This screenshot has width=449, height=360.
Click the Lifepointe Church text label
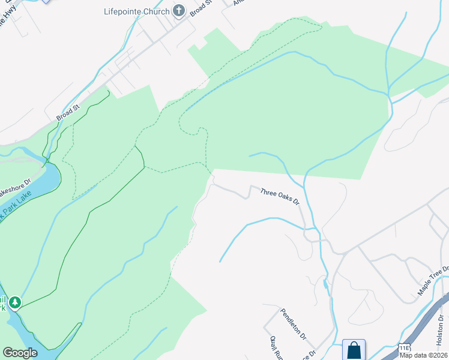click(136, 10)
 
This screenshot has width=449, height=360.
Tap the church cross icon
click(179, 10)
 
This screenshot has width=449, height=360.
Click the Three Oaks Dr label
click(280, 196)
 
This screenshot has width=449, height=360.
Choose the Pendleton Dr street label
click(294, 323)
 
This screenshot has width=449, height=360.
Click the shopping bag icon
click(354, 349)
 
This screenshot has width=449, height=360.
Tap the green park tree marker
click(14, 302)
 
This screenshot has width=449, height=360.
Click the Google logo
click(20, 352)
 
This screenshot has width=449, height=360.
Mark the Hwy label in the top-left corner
click(8, 18)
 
